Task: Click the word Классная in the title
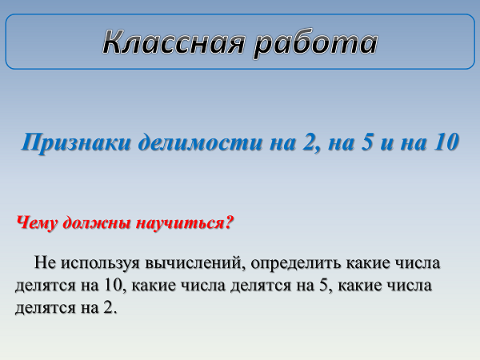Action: coord(174,42)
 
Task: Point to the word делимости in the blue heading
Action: coord(201,142)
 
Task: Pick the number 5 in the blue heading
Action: coord(366,142)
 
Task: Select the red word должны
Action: coord(98,223)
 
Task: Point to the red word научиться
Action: coord(180,222)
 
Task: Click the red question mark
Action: coord(229,222)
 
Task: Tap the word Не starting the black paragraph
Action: coord(45,262)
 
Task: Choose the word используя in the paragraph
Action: coord(100,263)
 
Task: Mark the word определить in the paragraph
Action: coord(295,263)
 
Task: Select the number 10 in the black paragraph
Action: coord(114,285)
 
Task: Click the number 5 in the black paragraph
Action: coord(324,285)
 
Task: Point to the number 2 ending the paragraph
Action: coord(109,307)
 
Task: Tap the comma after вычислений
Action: coord(245,269)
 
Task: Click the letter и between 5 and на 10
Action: coord(387,143)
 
